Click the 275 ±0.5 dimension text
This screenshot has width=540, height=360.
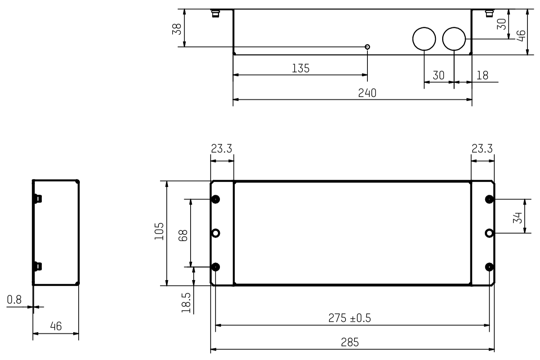point(349,318)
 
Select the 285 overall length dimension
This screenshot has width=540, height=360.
point(349,342)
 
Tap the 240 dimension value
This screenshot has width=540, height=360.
point(367,93)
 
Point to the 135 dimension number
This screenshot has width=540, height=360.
point(301,68)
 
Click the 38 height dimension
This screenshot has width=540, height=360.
point(177,29)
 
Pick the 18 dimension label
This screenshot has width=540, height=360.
point(482,76)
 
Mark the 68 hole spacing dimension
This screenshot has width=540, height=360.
point(183,235)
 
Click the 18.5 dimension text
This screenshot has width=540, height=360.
point(187,303)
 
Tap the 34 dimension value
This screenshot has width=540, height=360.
point(517,218)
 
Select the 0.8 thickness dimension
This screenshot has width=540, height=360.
point(14,300)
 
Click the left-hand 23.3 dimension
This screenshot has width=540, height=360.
point(221,149)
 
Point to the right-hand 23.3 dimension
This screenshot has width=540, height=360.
point(482,149)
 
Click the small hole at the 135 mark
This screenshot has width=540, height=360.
point(367,47)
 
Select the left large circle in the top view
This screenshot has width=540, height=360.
point(424,39)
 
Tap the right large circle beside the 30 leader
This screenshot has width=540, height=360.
point(454,39)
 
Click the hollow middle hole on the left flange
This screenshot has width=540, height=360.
point(215,233)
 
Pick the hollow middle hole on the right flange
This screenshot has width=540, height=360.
point(489,233)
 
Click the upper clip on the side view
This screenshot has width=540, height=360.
point(38,198)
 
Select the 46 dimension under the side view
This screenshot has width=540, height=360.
point(56,326)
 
